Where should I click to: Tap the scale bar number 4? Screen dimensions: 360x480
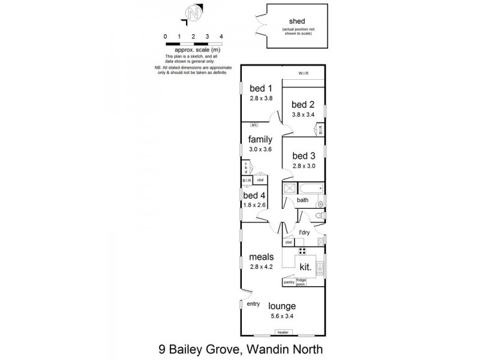coord(221,37)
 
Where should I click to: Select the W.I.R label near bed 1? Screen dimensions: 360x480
coord(304,74)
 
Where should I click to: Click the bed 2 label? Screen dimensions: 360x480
coord(304,104)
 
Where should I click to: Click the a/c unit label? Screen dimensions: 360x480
coord(254,125)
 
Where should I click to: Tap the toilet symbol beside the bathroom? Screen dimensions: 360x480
coord(319,215)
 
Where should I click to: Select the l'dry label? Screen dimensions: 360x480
coord(304,232)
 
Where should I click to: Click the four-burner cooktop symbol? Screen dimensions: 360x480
coord(302,251)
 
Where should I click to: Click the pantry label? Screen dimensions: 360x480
coord(289,280)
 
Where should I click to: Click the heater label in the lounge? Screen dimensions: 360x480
coord(282,332)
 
